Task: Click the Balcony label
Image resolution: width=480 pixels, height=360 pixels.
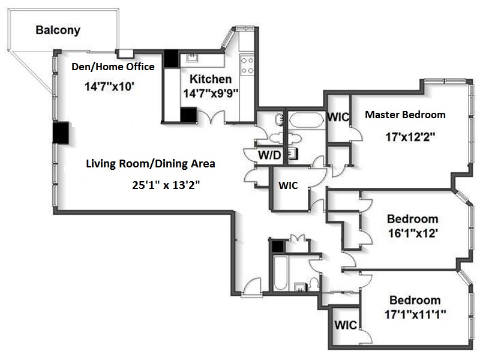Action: point(58,30)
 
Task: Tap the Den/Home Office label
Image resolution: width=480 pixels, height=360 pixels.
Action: point(113,67)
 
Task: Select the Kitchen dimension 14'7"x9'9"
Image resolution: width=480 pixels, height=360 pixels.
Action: point(211,93)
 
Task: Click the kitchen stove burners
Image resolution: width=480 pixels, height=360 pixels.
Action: point(247,65)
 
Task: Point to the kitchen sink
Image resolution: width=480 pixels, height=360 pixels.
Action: point(192,57)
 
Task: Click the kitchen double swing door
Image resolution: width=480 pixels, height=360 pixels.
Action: point(211,117)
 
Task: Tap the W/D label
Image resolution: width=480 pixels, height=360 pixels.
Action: point(269,155)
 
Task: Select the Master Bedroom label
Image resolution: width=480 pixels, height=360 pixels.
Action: point(405,115)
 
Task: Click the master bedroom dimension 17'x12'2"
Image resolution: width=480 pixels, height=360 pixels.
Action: point(410,137)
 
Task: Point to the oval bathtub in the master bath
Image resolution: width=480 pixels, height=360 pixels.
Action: point(306,119)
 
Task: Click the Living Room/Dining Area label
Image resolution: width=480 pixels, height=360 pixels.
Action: point(151,164)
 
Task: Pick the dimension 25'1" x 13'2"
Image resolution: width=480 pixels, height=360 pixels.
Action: point(166,185)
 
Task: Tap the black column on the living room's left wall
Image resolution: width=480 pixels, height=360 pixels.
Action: point(61,133)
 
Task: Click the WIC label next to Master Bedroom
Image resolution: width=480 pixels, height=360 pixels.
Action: point(338,117)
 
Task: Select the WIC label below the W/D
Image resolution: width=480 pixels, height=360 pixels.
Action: point(288,185)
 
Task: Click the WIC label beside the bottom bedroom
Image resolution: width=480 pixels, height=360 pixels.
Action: point(346,325)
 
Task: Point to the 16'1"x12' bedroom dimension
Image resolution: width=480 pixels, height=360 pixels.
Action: point(413,233)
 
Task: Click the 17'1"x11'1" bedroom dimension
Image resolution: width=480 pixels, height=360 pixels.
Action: point(415,314)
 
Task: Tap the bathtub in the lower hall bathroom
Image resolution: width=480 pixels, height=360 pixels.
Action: point(281,274)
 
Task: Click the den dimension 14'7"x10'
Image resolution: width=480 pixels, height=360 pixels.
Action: point(109,86)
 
